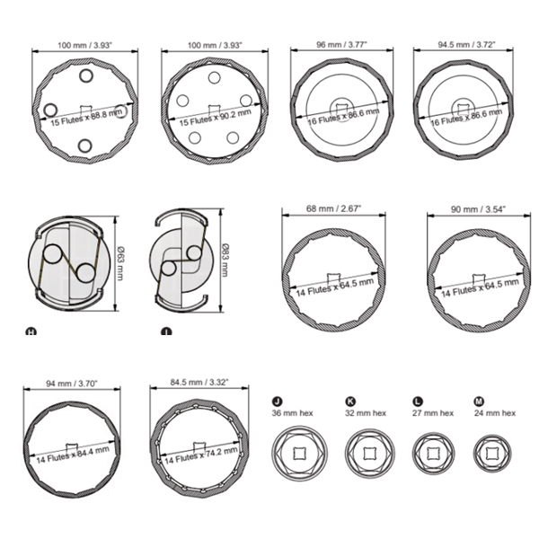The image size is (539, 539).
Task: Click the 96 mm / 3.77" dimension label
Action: click(x=341, y=45)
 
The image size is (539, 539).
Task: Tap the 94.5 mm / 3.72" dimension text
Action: click(x=466, y=45)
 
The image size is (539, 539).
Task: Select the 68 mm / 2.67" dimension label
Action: click(x=333, y=208)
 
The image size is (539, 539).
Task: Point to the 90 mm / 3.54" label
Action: click(x=478, y=209)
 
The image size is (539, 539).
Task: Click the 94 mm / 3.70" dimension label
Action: click(x=72, y=383)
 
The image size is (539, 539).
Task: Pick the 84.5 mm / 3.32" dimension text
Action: click(x=199, y=383)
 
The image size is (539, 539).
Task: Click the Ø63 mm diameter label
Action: click(x=119, y=263)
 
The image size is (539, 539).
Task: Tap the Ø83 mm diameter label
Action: click(x=225, y=260)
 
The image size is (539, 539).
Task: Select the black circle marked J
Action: click(x=277, y=402)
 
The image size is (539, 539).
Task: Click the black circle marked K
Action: click(x=350, y=402)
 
